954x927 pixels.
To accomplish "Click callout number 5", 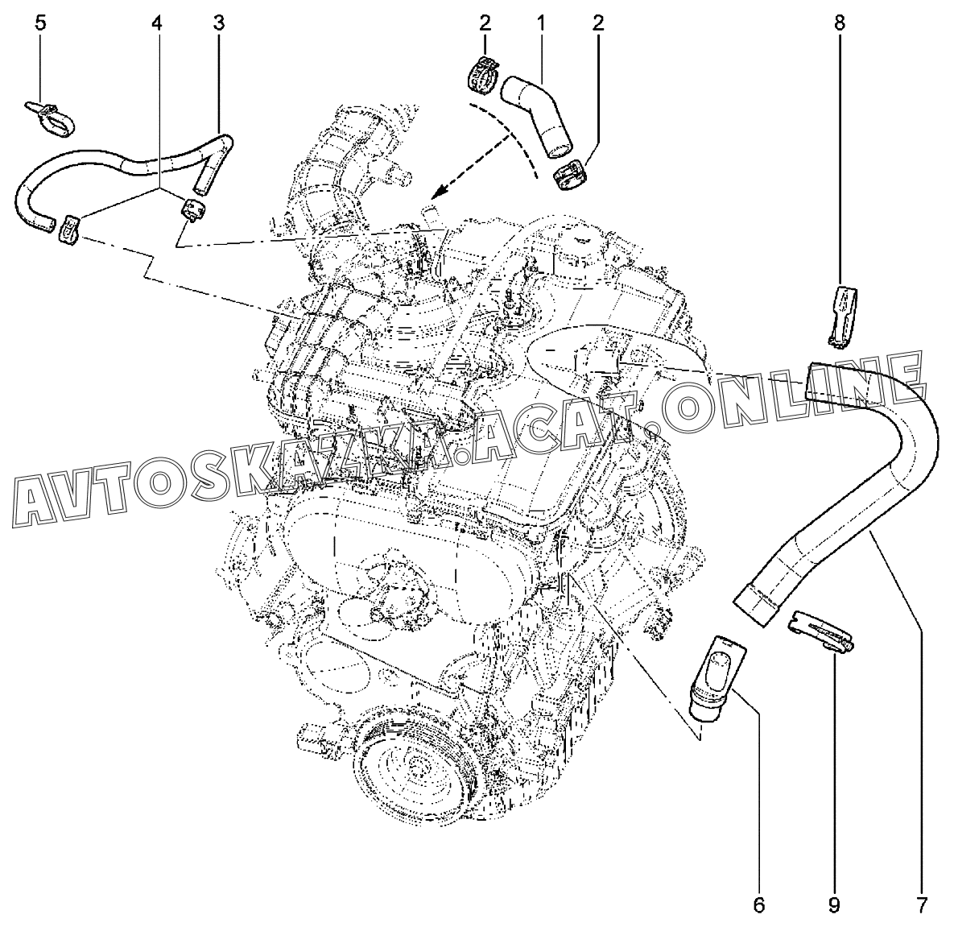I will (x=40, y=22).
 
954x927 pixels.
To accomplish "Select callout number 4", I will (x=157, y=22).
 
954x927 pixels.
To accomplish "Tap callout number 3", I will (x=218, y=22).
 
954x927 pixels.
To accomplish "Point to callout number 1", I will (x=540, y=22).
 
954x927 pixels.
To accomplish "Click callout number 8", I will (x=839, y=22).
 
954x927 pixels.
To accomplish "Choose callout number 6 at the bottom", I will (x=758, y=904).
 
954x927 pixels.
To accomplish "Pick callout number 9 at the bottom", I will (x=834, y=904).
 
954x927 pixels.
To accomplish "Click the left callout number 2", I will (x=485, y=22).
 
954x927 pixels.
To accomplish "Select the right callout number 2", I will (x=597, y=22).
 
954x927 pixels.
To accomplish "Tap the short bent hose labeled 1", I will (x=539, y=113).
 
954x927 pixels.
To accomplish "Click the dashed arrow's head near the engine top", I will (x=436, y=194).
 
